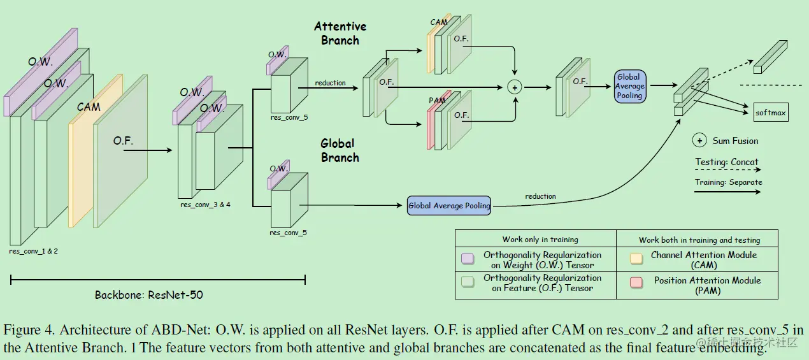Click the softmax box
pyautogui.click(x=771, y=112)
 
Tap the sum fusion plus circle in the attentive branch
pyautogui.click(x=515, y=87)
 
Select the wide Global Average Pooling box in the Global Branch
pyautogui.click(x=449, y=205)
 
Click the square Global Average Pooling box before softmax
pyautogui.click(x=630, y=86)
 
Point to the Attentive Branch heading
pyautogui.click(x=340, y=33)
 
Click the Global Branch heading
pyautogui.click(x=340, y=150)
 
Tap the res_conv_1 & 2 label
pyautogui.click(x=33, y=251)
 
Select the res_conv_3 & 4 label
pyautogui.click(x=205, y=205)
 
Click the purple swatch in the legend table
pyautogui.click(x=468, y=259)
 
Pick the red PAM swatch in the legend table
pyautogui.click(x=636, y=282)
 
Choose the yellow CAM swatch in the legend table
pyautogui.click(x=636, y=259)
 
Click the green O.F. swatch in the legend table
pyautogui.click(x=468, y=282)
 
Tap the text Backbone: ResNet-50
pyautogui.click(x=149, y=294)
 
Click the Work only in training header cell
pyautogui.click(x=540, y=240)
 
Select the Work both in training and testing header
pyautogui.click(x=699, y=240)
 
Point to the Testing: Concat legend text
pyautogui.click(x=727, y=162)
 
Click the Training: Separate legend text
pyautogui.click(x=729, y=182)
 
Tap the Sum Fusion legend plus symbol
pyautogui.click(x=699, y=140)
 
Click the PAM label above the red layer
pyautogui.click(x=437, y=101)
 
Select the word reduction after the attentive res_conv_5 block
pyautogui.click(x=330, y=83)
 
